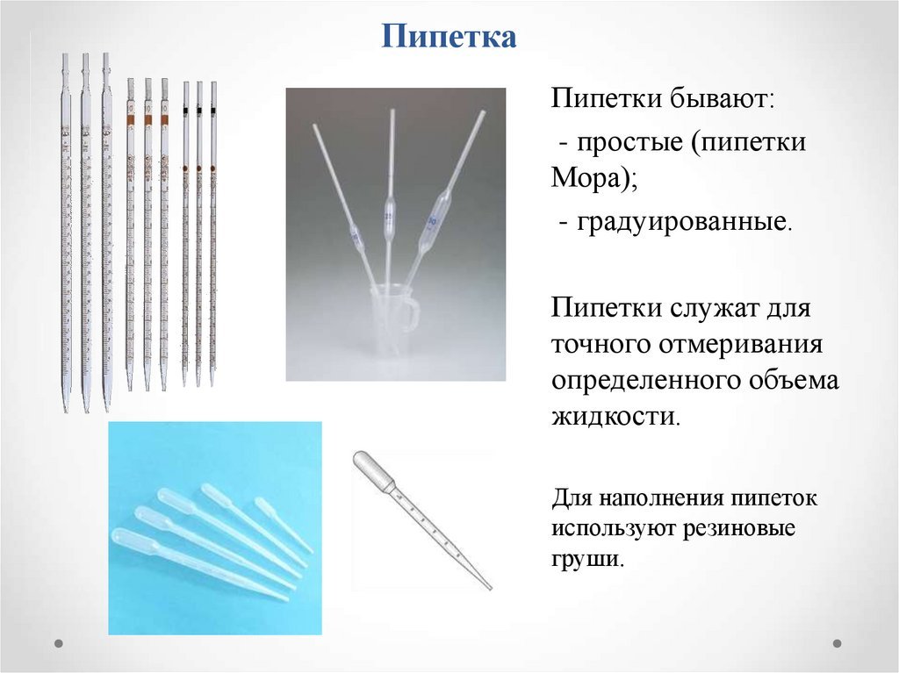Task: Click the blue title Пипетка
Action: pyautogui.click(x=449, y=36)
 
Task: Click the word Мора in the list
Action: pyautogui.click(x=587, y=178)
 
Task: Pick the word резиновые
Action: pyautogui.click(x=738, y=527)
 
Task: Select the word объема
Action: pyautogui.click(x=794, y=380)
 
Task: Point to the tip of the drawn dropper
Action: pyautogui.click(x=490, y=588)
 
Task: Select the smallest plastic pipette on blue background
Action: pyautogui.click(x=284, y=525)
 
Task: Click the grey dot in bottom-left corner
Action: pyautogui.click(x=59, y=643)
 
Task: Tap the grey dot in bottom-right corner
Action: pyautogui.click(x=837, y=643)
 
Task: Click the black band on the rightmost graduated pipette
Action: pyautogui.click(x=213, y=109)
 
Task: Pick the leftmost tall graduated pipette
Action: pyautogui.click(x=65, y=233)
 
